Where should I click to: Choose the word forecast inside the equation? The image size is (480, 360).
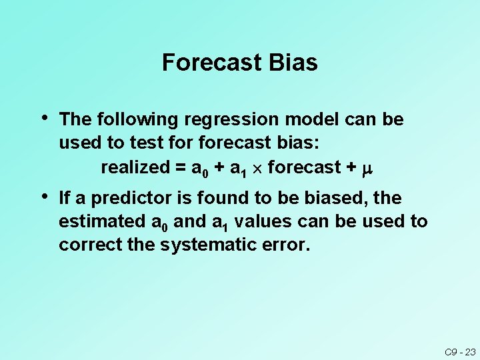304,167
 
